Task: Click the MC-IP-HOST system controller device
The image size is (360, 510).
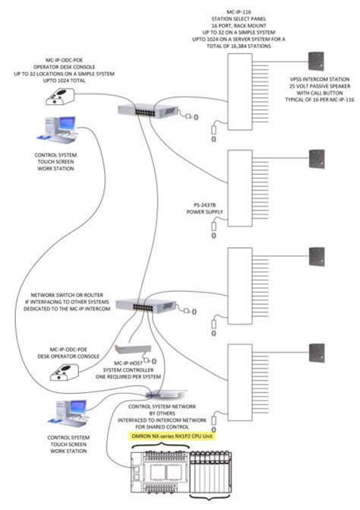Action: pos(134,349)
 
